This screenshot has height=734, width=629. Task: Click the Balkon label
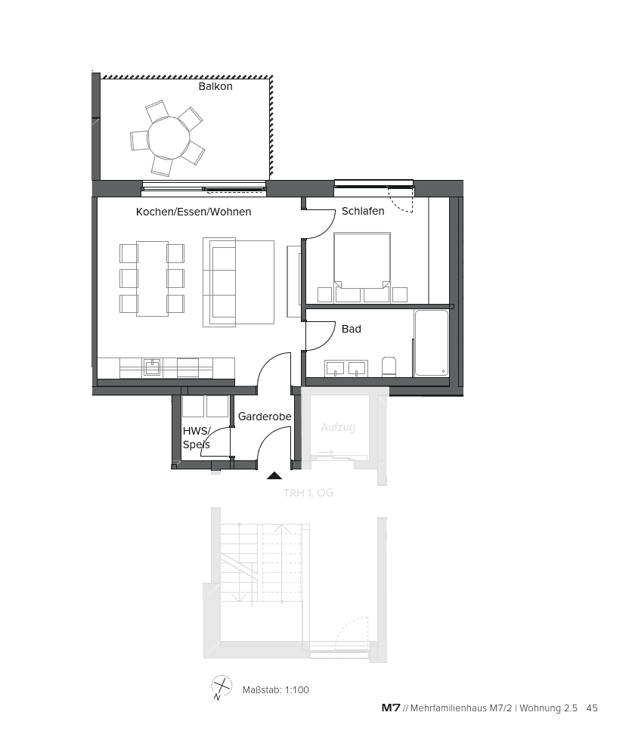[215, 86]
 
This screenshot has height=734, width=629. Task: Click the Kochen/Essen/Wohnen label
[194, 212]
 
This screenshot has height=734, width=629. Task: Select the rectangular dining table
[152, 278]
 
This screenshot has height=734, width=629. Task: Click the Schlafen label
[363, 211]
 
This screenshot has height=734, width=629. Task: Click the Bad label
[351, 329]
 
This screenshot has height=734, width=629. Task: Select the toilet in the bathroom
[389, 367]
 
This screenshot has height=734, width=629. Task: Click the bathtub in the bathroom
[431, 342]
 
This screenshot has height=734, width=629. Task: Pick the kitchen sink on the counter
[152, 367]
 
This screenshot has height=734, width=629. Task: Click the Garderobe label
[265, 417]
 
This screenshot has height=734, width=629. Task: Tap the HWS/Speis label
[196, 438]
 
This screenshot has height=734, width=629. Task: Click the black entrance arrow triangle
[274, 476]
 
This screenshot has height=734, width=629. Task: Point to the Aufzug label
[338, 427]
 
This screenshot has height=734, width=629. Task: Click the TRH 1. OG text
[308, 493]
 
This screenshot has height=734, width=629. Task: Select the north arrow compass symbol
[222, 687]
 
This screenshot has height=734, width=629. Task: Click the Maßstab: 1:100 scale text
[276, 689]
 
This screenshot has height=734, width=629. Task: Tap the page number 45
[592, 708]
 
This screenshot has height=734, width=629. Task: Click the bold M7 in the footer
[391, 708]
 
